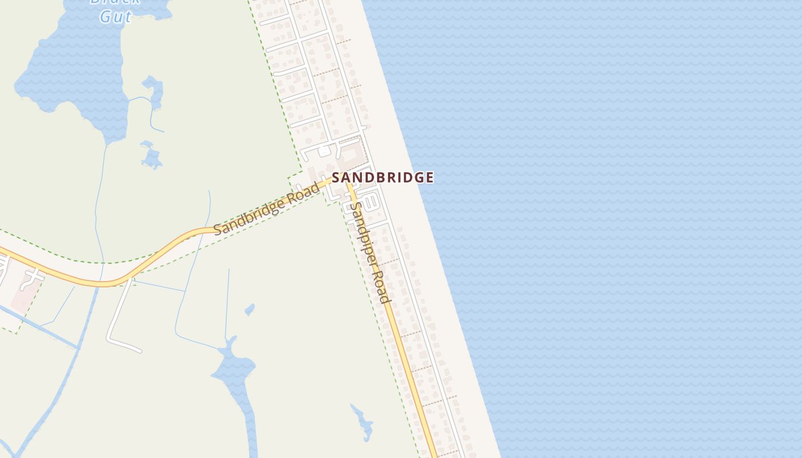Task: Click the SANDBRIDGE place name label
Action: tap(383, 177)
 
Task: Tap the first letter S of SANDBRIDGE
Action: tap(337, 177)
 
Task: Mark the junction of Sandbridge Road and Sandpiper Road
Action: tap(345, 182)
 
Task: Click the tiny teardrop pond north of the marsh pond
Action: tap(249, 310)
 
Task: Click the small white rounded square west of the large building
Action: tap(324, 151)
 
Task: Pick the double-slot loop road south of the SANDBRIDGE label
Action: tap(370, 201)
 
